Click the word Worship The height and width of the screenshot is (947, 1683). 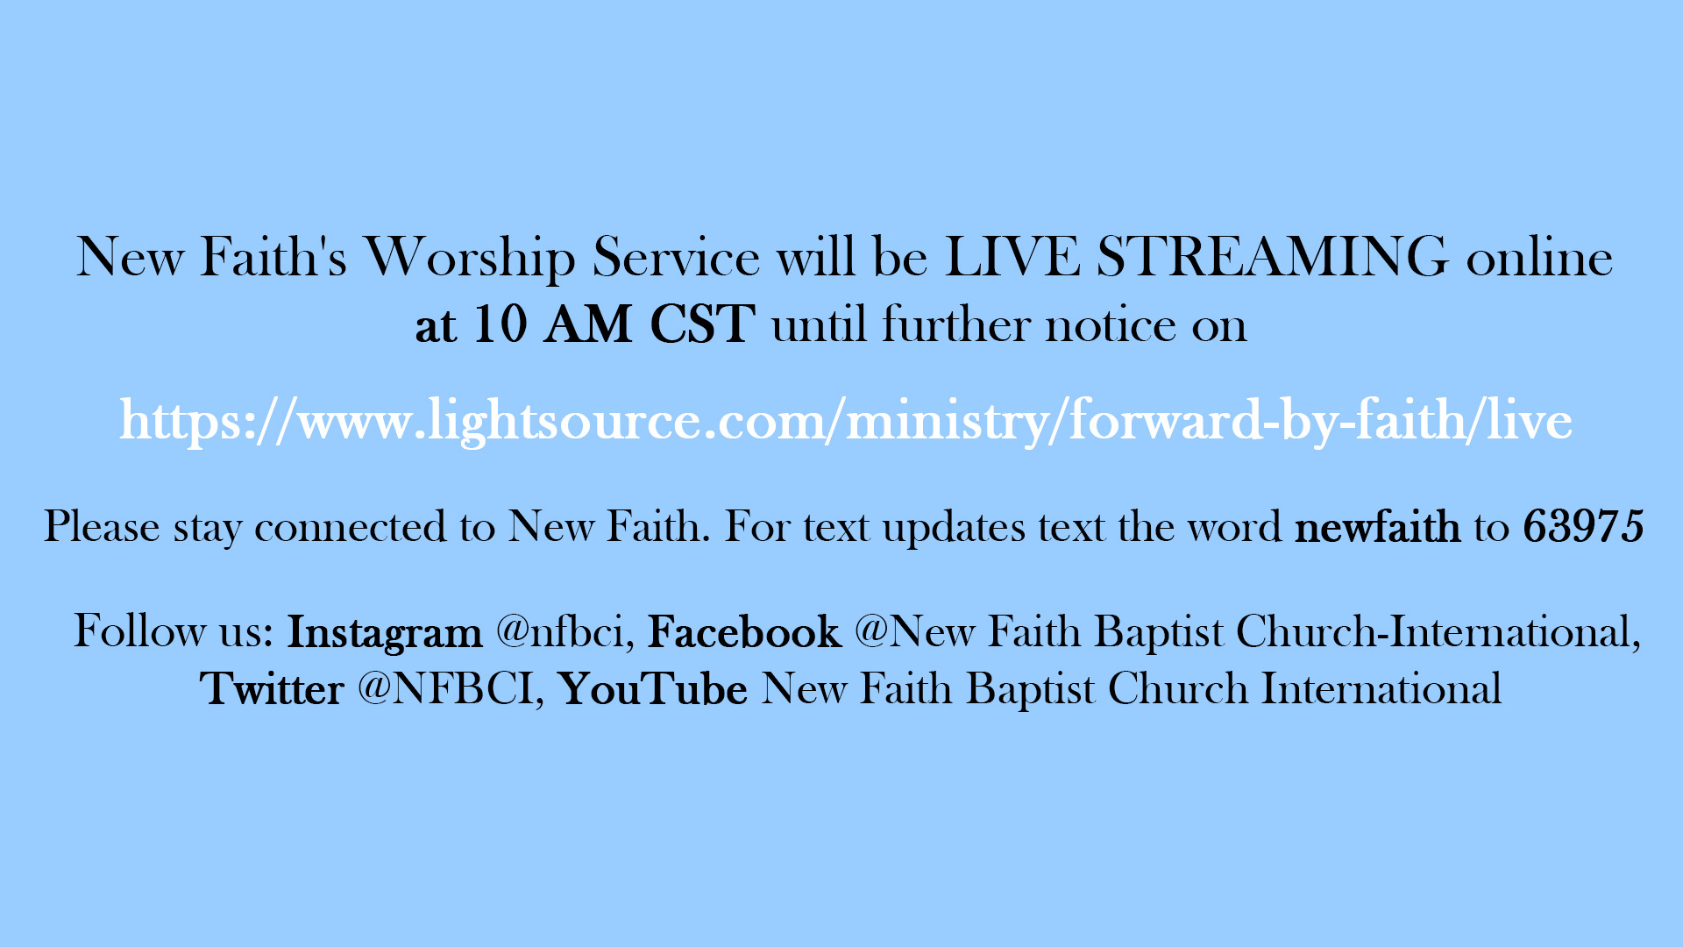(x=470, y=258)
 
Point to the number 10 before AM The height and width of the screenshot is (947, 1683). (x=501, y=324)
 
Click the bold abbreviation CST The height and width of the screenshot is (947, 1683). (x=702, y=324)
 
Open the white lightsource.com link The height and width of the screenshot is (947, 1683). (x=846, y=420)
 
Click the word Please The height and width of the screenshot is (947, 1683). (x=102, y=526)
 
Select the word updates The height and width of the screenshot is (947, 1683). (x=954, y=528)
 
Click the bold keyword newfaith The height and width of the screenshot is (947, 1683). (x=1377, y=527)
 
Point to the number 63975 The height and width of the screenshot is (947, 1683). (x=1583, y=527)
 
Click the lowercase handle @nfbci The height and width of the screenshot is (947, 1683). (x=565, y=632)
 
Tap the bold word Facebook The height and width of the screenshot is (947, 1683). (x=744, y=632)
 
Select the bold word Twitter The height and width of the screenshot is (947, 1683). (x=272, y=689)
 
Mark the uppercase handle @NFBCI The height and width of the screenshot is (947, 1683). (x=451, y=689)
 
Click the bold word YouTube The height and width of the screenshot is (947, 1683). (x=653, y=689)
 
